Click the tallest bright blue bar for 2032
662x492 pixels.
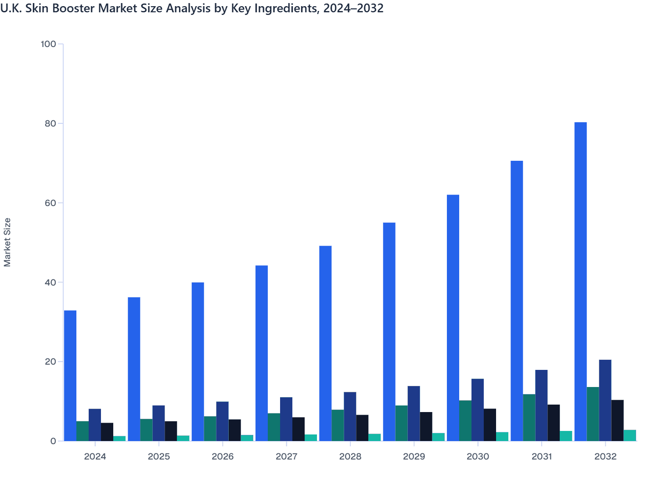pyautogui.click(x=580, y=281)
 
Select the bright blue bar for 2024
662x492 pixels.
pyautogui.click(x=70, y=376)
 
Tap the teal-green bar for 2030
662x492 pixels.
pyautogui.click(x=465, y=420)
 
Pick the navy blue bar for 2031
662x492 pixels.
pyautogui.click(x=541, y=405)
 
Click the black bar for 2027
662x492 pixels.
pyautogui.click(x=299, y=429)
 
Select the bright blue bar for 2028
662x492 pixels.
pyautogui.click(x=325, y=343)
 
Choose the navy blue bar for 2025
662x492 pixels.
pyautogui.click(x=158, y=423)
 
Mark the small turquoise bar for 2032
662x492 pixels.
pyautogui.click(x=630, y=435)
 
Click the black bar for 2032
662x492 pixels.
pyautogui.click(x=617, y=420)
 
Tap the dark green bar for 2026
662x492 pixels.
pyautogui.click(x=210, y=428)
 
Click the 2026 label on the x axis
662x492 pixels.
pyautogui.click(x=223, y=456)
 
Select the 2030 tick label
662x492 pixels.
pyautogui.click(x=478, y=456)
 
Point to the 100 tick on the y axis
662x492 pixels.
pyautogui.click(x=48, y=44)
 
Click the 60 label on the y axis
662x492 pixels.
pyautogui.click(x=50, y=203)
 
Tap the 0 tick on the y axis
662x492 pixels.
pyautogui.click(x=53, y=441)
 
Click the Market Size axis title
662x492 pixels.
pyautogui.click(x=7, y=242)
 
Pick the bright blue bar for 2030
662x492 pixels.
pyautogui.click(x=453, y=318)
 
